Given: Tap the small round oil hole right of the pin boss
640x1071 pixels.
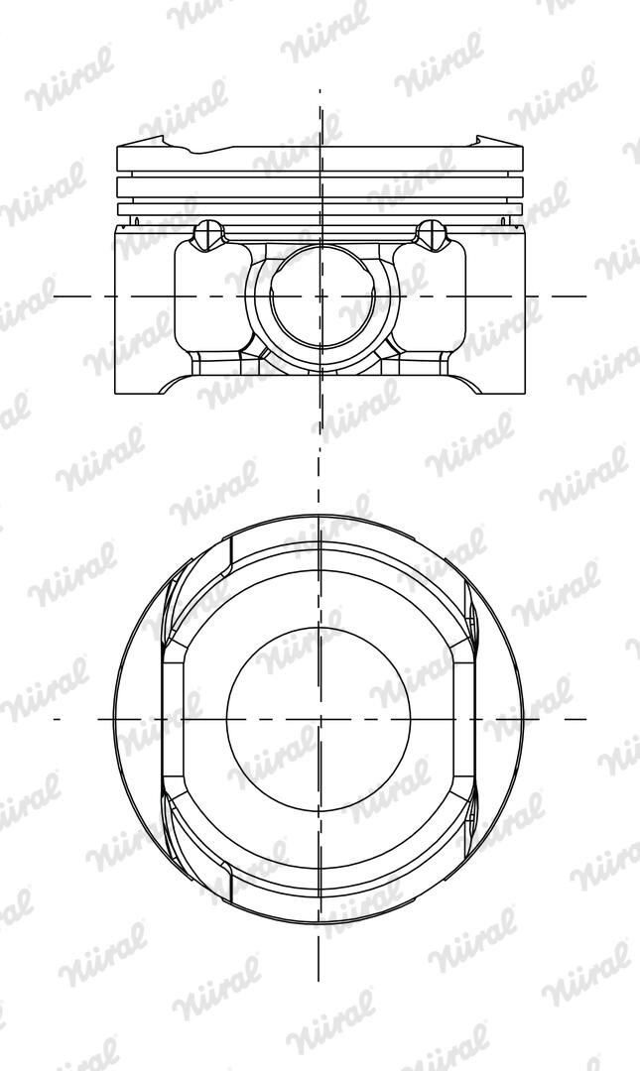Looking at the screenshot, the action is click(432, 234).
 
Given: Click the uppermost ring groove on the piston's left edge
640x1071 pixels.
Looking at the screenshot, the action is click(119, 174).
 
